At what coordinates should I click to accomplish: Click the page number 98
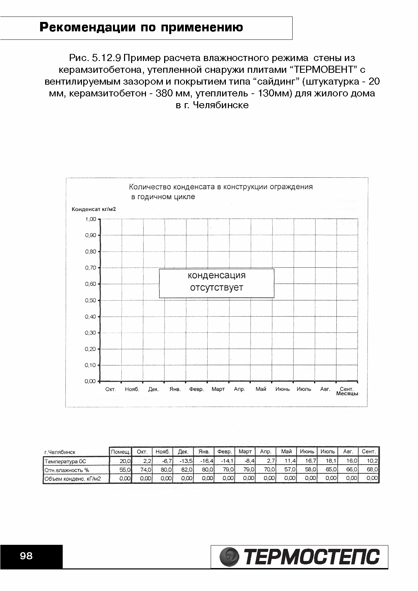[x=26, y=556]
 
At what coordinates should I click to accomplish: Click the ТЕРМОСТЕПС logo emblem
[x=229, y=557]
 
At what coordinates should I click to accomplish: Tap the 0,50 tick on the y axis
[x=90, y=300]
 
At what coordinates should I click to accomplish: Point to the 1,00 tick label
[x=90, y=219]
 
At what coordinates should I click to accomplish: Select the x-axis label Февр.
[x=196, y=389]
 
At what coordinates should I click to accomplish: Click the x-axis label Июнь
[x=282, y=389]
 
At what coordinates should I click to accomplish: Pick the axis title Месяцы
[x=347, y=394]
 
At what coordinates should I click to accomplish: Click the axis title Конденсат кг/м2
[x=94, y=209]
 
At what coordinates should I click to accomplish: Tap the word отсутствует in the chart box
[x=216, y=288]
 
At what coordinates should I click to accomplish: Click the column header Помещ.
[x=121, y=452]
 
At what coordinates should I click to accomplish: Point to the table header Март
[x=245, y=452]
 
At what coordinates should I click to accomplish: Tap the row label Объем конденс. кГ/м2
[x=72, y=478]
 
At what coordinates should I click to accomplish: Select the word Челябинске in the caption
[x=221, y=105]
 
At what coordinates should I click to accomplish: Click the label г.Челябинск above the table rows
[x=60, y=452]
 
